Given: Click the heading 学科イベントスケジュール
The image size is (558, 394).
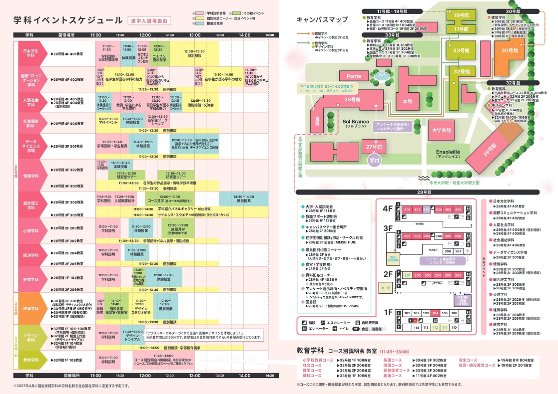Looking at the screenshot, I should pos(67,20).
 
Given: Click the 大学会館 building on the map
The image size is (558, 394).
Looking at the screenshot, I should pos(441,131).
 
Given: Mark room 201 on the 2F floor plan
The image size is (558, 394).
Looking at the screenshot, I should pos(407,275).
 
